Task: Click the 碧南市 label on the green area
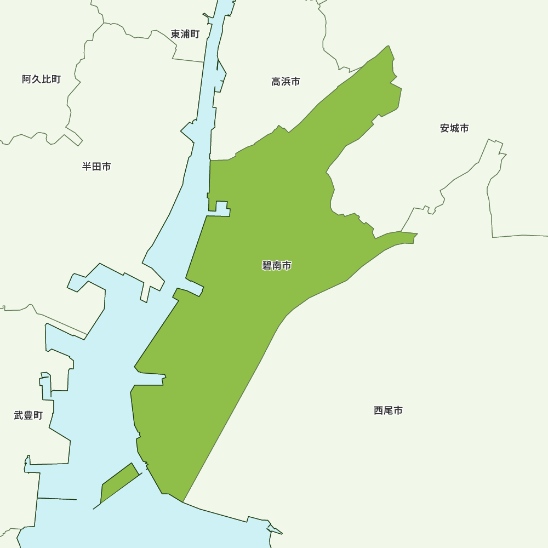[277, 266]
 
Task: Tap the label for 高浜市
[286, 82]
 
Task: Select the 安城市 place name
[454, 128]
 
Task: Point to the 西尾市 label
[388, 410]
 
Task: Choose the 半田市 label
[96, 167]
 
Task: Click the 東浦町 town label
[185, 34]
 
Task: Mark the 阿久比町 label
[41, 79]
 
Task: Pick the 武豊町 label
[28, 415]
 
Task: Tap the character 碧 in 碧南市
[267, 266]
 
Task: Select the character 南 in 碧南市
[277, 266]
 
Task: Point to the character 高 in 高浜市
[276, 82]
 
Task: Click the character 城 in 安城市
[454, 128]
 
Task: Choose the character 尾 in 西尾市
[388, 410]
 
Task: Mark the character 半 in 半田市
[87, 167]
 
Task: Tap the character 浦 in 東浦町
[185, 34]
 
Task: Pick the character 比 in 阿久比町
[46, 79]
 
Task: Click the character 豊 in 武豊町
[28, 415]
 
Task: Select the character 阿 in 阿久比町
[27, 79]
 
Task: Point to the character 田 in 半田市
[96, 167]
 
